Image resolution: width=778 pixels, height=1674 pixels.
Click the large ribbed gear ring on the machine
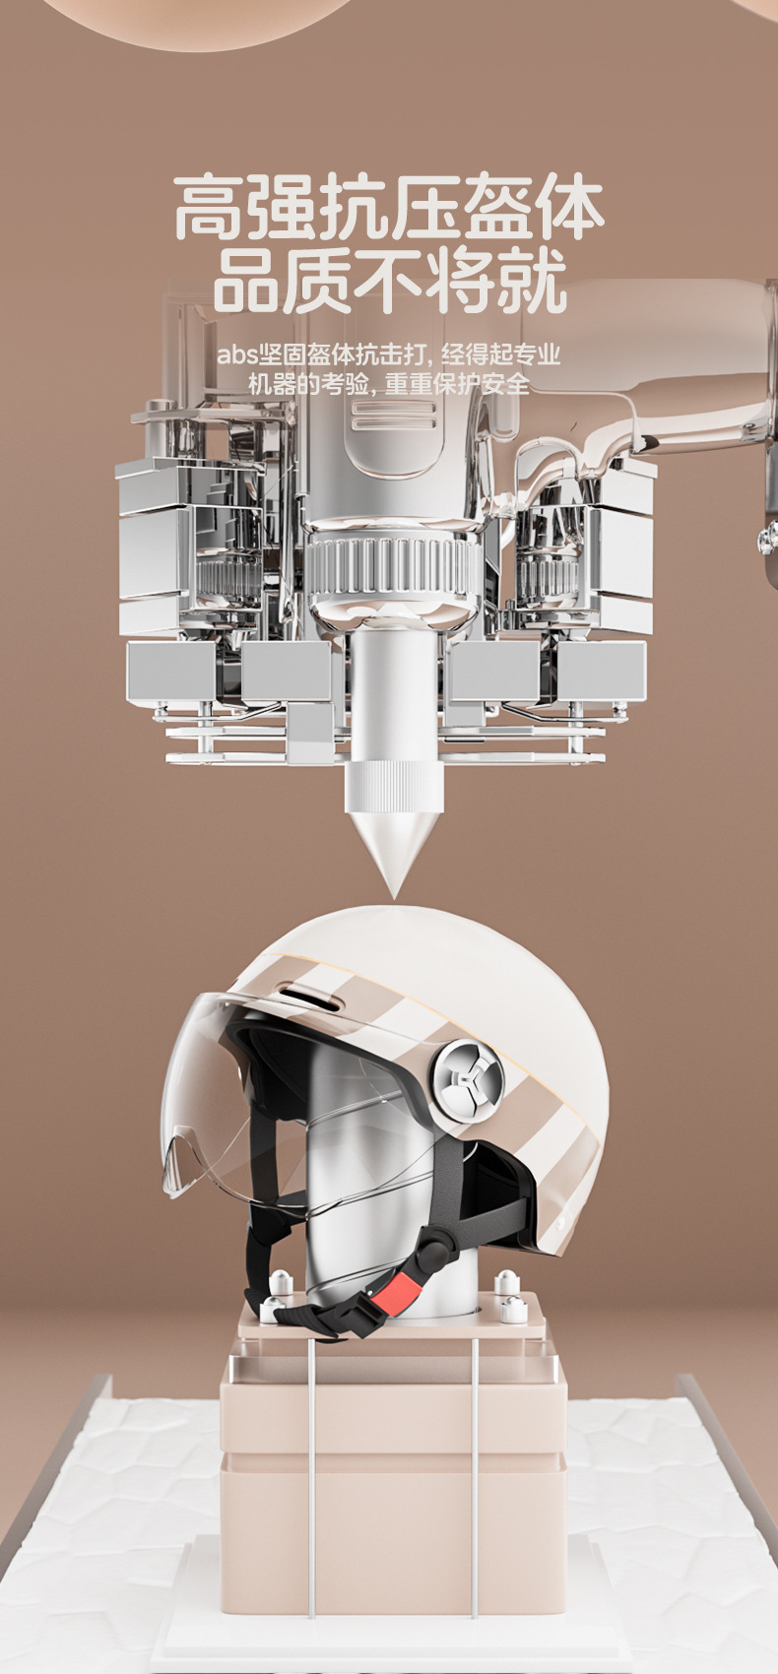coord(393,568)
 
